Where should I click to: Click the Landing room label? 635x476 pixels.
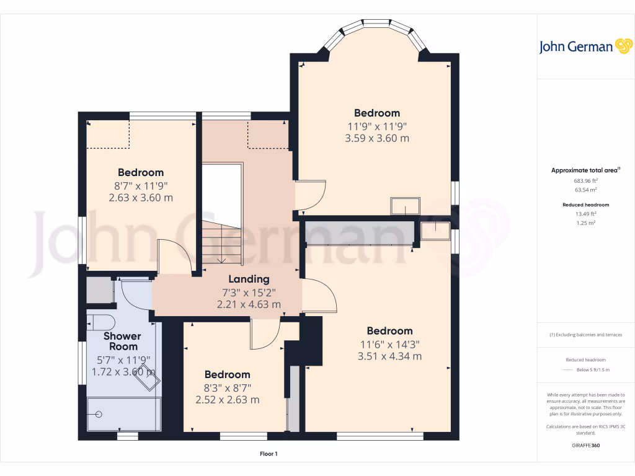point(249,279)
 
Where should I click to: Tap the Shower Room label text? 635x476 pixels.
point(122,342)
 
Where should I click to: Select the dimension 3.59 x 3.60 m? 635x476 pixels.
point(377,138)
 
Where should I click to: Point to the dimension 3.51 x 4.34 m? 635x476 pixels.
point(389,356)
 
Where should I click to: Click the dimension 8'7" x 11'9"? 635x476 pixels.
point(141,185)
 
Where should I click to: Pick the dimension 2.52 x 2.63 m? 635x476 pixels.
point(228,400)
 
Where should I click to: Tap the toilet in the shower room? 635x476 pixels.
point(100,321)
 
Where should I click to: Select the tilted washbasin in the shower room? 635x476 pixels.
point(147,376)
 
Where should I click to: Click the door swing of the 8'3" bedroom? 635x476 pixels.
point(265,335)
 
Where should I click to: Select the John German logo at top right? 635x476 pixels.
point(585,46)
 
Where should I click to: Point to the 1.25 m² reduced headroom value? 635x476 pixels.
point(585,223)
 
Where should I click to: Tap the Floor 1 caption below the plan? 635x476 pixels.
point(269,454)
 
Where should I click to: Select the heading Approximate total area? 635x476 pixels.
point(585,170)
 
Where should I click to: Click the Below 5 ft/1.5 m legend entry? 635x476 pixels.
point(593,369)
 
